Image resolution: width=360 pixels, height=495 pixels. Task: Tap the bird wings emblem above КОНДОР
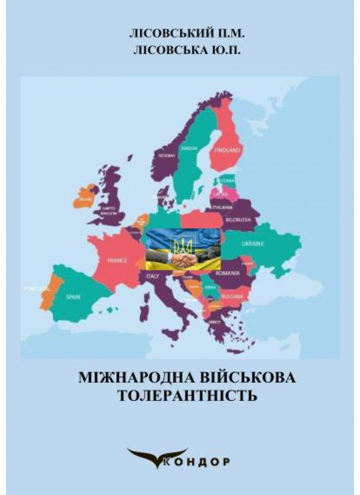[157, 451]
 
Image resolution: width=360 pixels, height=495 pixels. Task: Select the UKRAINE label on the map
[252, 244]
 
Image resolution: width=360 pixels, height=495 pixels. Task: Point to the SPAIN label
[73, 297]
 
